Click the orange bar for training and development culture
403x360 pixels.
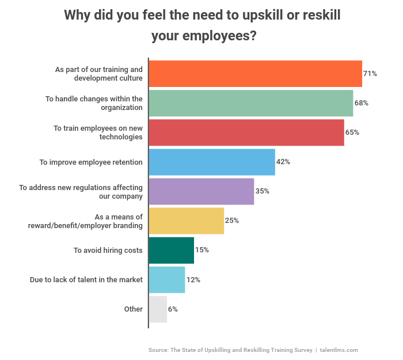[256, 74]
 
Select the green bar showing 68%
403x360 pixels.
[251, 103]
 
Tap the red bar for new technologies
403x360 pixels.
[246, 132]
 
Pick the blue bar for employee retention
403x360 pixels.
[212, 162]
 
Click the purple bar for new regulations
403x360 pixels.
[201, 191]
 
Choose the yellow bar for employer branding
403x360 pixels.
[187, 221]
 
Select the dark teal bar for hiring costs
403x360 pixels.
[172, 250]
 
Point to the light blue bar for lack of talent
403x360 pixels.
[167, 279]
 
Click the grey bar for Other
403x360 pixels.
[158, 309]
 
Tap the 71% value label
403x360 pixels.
[370, 74]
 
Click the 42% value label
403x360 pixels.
[283, 162]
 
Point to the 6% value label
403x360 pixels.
[173, 309]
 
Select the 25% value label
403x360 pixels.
[231, 221]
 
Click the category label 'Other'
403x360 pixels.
[133, 309]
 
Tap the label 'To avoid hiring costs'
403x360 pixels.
[108, 251]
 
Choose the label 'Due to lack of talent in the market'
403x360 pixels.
[86, 280]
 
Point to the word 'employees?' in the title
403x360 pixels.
[220, 36]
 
